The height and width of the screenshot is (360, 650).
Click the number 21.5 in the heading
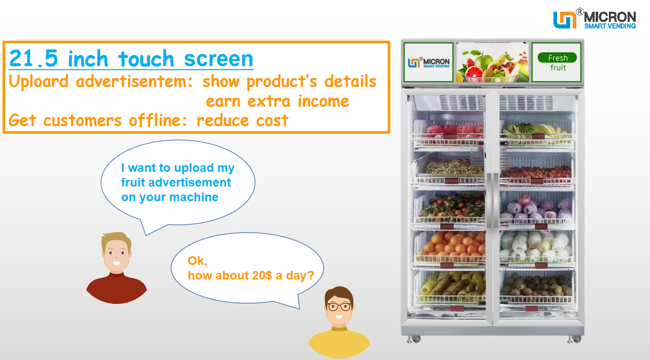click(34, 59)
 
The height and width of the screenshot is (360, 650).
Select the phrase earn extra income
click(277, 101)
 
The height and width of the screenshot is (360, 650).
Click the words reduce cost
click(242, 121)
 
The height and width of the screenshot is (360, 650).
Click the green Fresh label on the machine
click(557, 57)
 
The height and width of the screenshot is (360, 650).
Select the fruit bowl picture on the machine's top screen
click(491, 63)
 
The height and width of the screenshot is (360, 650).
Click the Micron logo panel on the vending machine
click(428, 63)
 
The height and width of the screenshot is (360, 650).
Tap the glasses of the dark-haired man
click(338, 307)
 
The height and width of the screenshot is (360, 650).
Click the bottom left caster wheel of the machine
click(410, 338)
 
